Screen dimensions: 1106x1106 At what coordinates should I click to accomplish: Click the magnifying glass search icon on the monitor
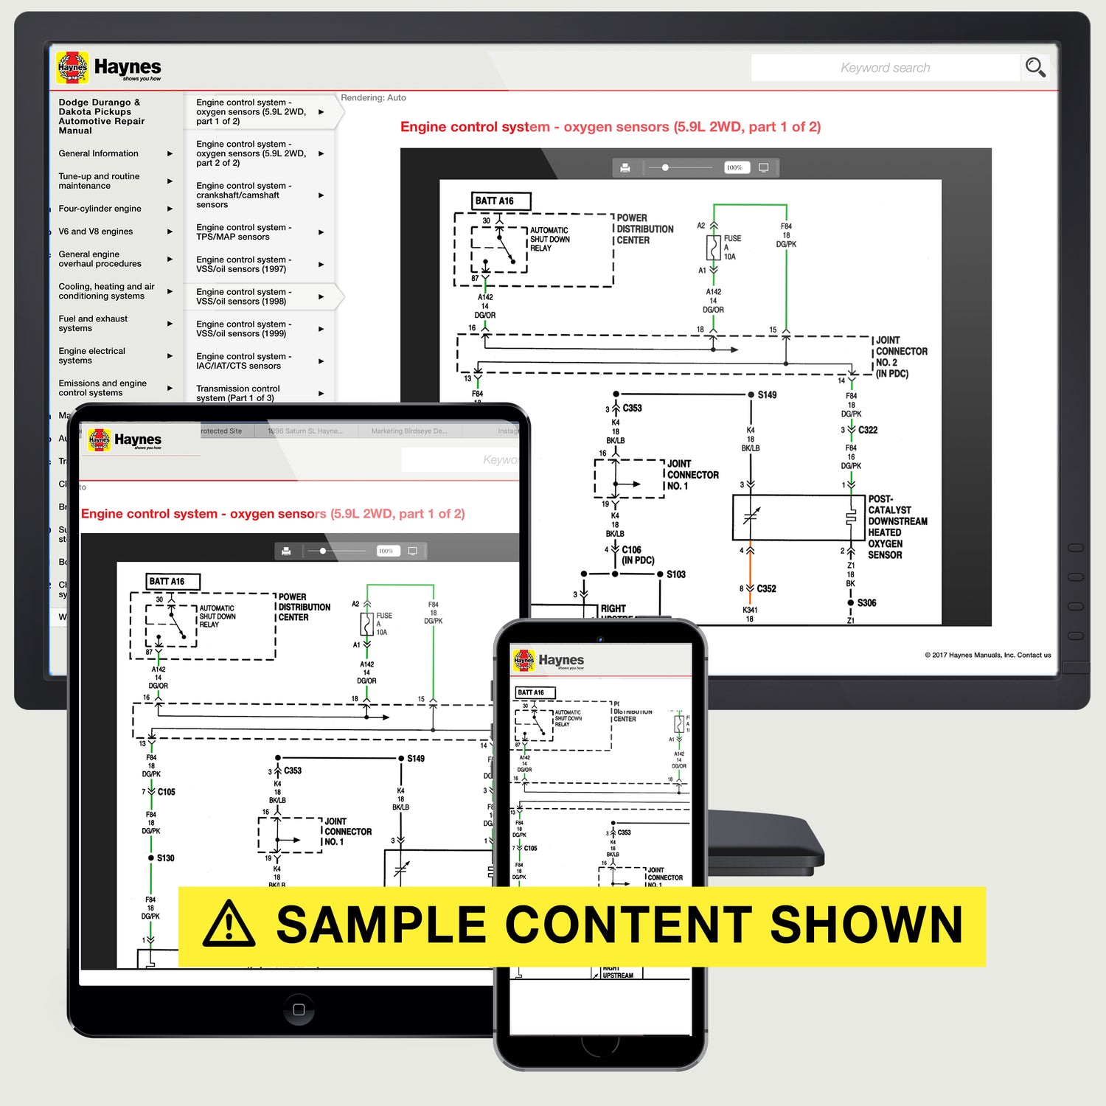pos(1035,68)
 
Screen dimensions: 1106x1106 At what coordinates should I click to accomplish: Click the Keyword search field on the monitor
pos(885,68)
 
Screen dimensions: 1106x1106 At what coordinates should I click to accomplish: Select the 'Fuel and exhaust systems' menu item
pos(93,324)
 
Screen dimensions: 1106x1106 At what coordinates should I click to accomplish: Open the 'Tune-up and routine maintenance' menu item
pos(99,181)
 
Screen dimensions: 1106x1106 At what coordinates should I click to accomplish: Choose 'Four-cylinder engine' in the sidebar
pos(100,209)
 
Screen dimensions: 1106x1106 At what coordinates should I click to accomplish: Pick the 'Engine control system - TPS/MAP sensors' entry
pos(243,232)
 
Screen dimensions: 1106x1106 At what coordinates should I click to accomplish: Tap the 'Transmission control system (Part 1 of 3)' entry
pos(237,393)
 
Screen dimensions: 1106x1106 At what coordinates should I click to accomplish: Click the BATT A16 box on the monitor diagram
pos(501,201)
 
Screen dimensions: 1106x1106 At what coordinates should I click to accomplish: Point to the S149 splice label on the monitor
pos(767,395)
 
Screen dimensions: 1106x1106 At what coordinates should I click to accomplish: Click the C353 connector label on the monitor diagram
pos(632,408)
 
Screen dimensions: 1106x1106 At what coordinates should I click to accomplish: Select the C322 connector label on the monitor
pos(868,430)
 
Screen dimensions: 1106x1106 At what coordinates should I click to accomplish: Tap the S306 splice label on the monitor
pos(866,603)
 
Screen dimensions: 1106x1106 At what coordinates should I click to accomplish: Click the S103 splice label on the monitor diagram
pos(676,574)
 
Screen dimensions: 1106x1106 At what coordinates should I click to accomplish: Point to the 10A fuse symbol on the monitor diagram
pos(714,248)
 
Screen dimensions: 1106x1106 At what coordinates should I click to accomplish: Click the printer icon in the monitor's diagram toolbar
pos(625,168)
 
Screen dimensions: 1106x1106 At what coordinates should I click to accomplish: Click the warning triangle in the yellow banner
pos(229,925)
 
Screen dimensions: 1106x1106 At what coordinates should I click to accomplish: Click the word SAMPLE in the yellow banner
pos(380,925)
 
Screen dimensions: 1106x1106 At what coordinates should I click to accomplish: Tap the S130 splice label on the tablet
pos(165,858)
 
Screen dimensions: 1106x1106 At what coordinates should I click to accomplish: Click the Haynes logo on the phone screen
pos(549,660)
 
